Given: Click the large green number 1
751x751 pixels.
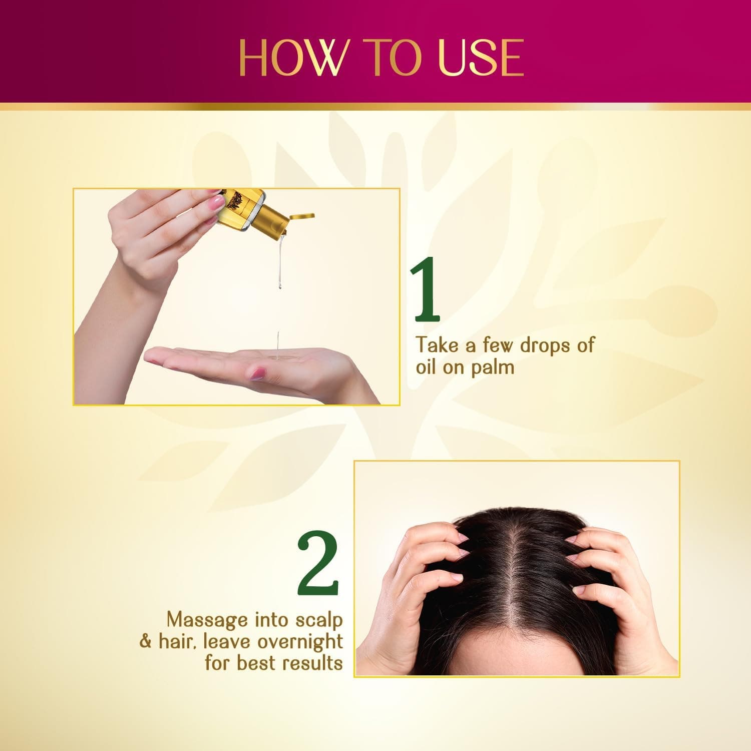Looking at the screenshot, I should point(426,290).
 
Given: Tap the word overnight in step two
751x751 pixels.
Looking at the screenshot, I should point(300,641).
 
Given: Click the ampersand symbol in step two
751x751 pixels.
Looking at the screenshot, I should point(146,641).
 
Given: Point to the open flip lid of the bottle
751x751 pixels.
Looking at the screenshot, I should point(301,216).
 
